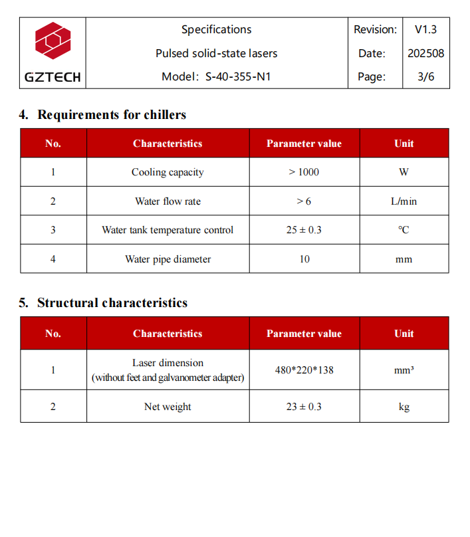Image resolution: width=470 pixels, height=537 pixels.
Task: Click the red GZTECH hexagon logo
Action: pos(53,42)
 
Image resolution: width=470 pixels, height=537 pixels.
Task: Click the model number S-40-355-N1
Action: pos(237,76)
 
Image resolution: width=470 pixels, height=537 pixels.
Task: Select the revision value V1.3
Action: pos(425,29)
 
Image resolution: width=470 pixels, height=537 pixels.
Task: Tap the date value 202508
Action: pos(425,53)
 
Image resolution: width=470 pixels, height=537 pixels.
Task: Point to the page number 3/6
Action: pos(425,76)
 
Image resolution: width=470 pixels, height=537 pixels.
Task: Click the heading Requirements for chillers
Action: pos(112,114)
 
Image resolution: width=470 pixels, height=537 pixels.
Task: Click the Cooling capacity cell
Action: pos(168,172)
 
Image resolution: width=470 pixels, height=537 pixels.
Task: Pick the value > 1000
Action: pos(304,172)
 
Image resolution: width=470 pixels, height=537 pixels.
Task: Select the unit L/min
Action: pos(404,201)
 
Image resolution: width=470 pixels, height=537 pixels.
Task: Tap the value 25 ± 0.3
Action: pos(304,230)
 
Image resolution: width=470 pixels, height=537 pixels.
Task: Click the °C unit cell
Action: pos(404,230)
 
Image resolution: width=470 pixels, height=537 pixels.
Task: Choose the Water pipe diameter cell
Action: pos(168,259)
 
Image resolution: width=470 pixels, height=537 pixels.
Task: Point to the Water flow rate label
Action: pos(168,201)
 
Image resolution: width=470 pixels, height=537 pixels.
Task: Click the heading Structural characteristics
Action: pos(112,303)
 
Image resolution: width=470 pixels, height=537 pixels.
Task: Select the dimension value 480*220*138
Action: pos(304,370)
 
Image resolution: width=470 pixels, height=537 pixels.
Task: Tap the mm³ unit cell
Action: pos(404,370)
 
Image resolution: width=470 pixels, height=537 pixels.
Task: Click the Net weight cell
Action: pos(168,407)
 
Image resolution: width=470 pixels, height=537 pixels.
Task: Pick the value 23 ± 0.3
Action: pos(304,407)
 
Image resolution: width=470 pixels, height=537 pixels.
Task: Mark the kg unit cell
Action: pos(404,407)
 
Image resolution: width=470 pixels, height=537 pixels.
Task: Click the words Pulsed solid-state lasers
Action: pos(217,53)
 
